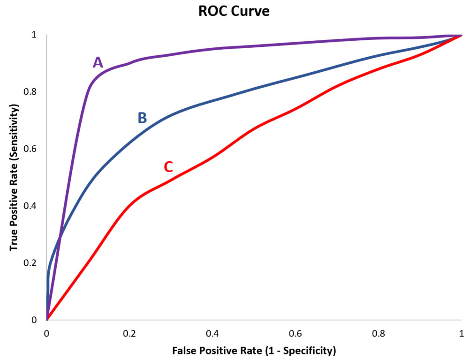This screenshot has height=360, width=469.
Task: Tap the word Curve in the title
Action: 251,11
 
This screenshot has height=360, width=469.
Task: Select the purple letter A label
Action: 98,62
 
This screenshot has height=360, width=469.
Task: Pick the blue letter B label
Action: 142,118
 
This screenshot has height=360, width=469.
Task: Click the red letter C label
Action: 168,166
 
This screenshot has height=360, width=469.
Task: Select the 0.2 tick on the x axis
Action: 129,333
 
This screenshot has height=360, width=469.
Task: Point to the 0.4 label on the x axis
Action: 212,333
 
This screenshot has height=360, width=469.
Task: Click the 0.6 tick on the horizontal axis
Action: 295,333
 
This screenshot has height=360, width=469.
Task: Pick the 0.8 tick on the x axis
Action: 378,333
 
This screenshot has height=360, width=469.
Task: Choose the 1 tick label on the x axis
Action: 461,333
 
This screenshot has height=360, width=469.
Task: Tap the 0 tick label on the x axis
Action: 46,333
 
